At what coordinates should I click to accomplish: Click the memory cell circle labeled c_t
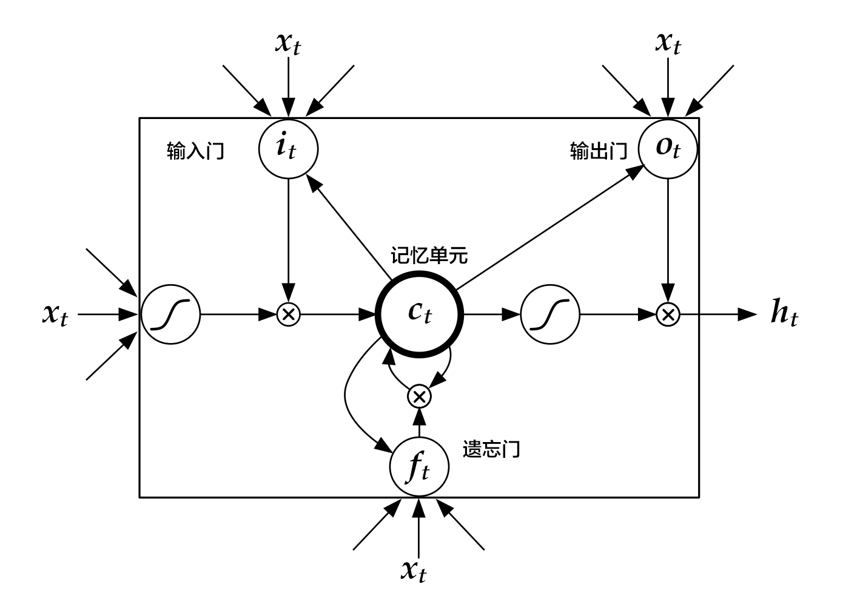420,314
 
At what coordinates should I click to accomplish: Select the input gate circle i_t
288,148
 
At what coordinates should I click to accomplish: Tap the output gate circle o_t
668,148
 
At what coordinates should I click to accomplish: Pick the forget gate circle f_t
419,467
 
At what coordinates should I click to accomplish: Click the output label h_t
784,314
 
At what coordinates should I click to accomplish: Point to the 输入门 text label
195,151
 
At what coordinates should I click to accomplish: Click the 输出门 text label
598,151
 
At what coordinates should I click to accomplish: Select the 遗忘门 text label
491,449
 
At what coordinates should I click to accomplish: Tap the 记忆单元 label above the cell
429,256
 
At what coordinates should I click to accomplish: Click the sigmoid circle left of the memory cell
170,314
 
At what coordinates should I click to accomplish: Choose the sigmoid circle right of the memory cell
550,314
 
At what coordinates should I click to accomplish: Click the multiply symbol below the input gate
288,314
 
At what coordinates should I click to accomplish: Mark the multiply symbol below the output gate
668,314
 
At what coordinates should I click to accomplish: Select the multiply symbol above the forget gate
418,396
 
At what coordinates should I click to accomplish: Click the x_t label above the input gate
287,44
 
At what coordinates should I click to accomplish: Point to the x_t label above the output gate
668,44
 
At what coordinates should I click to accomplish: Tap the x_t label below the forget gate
414,571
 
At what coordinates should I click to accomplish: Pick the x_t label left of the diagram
55,314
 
